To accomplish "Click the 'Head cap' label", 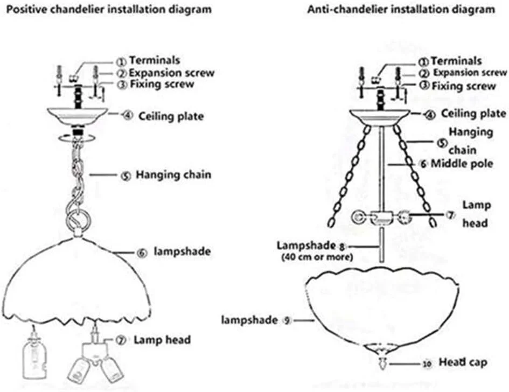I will (x=463, y=362).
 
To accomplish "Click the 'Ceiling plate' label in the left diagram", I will (x=171, y=115).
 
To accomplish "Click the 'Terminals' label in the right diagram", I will (x=456, y=61).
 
